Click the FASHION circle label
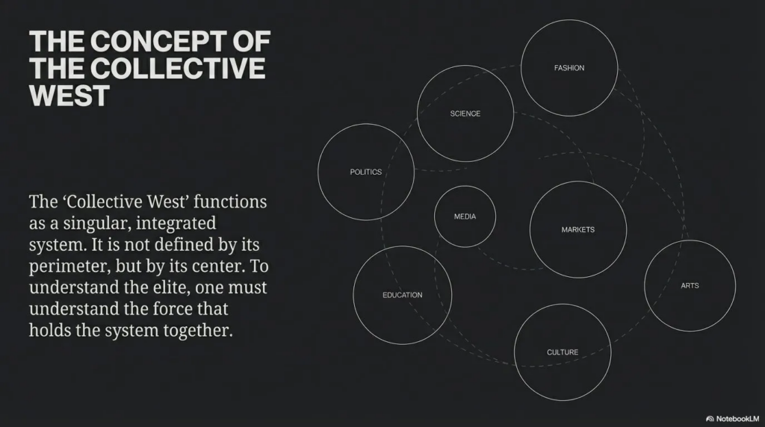click(x=569, y=68)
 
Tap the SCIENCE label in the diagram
click(x=465, y=113)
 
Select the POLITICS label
click(x=365, y=172)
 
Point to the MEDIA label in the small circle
click(x=465, y=216)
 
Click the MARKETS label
click(x=577, y=230)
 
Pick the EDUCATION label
click(x=403, y=295)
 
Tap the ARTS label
click(x=690, y=286)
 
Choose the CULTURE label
click(x=563, y=352)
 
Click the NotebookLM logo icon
click(x=710, y=419)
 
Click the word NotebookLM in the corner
click(x=737, y=419)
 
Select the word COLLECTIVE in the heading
click(x=178, y=68)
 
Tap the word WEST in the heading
click(x=69, y=96)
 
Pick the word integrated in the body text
click(x=176, y=224)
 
